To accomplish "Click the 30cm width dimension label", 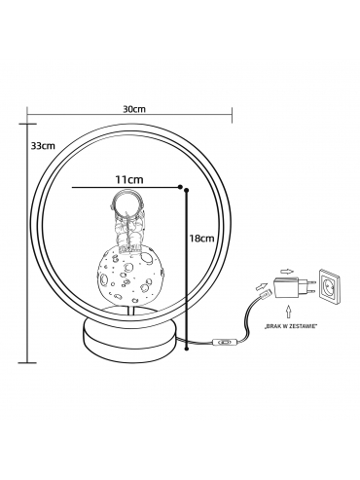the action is point(134,109).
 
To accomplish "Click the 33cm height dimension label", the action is point(43,145).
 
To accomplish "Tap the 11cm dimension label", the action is point(129,179).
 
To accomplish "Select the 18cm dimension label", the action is point(202,239).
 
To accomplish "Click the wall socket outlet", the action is point(331,286).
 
